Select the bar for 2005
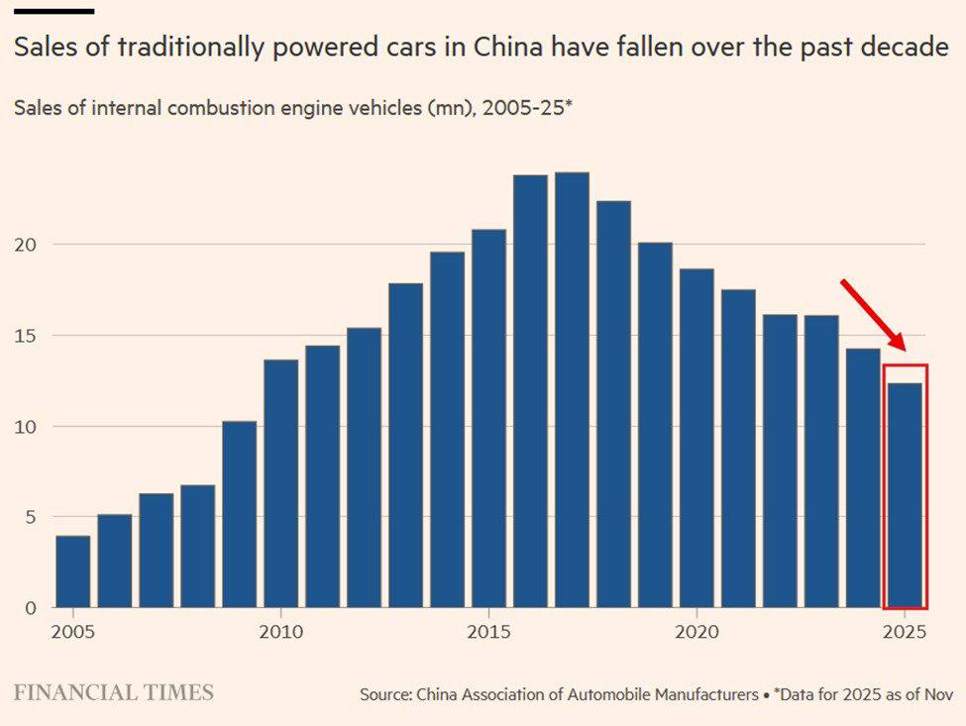(72, 571)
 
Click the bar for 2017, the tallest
(572, 390)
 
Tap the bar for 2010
(280, 483)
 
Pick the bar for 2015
(488, 418)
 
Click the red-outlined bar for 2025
(905, 495)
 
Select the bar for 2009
(239, 514)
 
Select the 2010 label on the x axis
(280, 632)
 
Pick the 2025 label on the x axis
(905, 632)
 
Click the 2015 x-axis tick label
(488, 632)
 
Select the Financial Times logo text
(113, 692)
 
